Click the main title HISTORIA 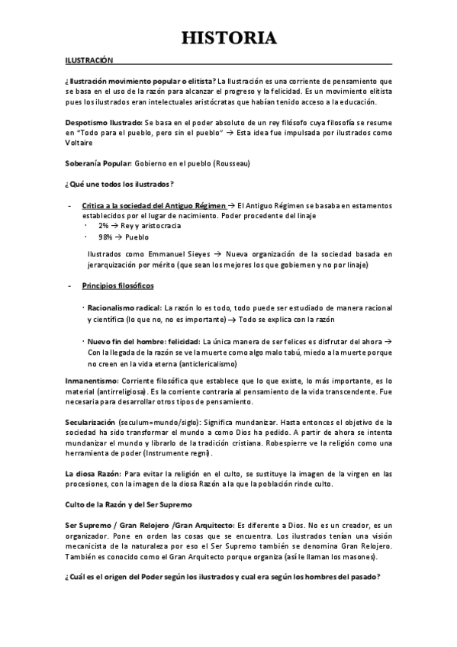tap(228, 37)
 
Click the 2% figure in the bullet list tap(103, 226)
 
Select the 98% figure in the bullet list tap(105, 237)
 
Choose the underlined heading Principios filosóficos tap(117, 285)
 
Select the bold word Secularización tap(90, 421)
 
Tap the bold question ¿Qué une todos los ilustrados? tap(121, 184)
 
